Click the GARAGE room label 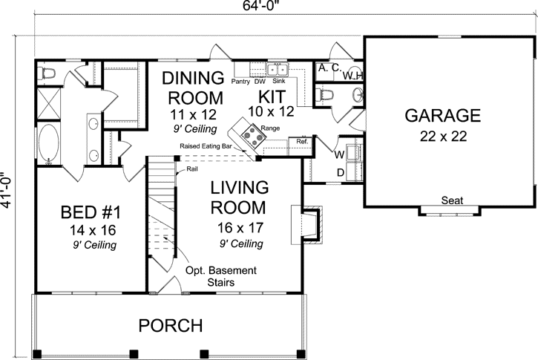pos(442,115)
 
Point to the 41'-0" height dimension pos(6,189)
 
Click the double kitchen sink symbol pos(278,69)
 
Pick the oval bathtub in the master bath pos(49,144)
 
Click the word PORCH pos(171,325)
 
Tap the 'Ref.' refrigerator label pos(302,141)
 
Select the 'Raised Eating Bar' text pos(206,146)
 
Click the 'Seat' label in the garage pos(452,200)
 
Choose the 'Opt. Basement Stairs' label pos(221,276)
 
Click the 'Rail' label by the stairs pos(192,169)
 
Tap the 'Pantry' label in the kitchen pos(240,82)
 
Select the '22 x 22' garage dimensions pos(443,137)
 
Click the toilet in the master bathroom pos(47,73)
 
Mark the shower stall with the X pos(48,104)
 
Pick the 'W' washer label pos(339,155)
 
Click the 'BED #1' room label pos(91,212)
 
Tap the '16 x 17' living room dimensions pos(240,228)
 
